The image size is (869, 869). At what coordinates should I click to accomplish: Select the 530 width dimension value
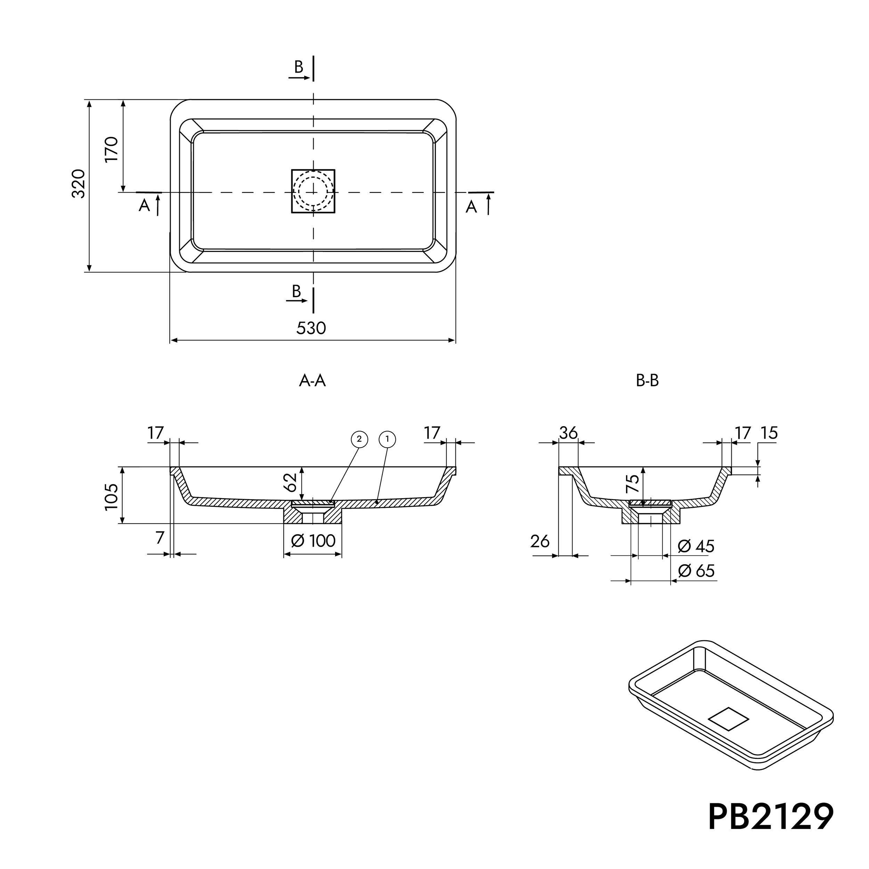(x=311, y=328)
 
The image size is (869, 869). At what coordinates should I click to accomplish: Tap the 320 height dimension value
(x=79, y=184)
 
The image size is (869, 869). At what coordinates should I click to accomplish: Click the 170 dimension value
(x=111, y=149)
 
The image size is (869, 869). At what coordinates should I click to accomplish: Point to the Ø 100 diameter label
(x=313, y=540)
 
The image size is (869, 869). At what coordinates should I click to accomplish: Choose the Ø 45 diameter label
(x=696, y=546)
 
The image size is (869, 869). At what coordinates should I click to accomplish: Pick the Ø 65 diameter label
(x=696, y=571)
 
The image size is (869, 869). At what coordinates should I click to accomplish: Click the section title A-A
(x=312, y=381)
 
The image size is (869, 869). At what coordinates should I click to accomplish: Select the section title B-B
(x=647, y=381)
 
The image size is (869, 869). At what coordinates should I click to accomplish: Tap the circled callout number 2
(x=359, y=439)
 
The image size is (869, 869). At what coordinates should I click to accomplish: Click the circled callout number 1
(x=388, y=439)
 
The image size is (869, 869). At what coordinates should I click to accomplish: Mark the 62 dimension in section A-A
(x=291, y=482)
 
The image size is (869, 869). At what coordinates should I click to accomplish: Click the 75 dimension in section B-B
(x=632, y=485)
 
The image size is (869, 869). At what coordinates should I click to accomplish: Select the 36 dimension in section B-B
(x=568, y=433)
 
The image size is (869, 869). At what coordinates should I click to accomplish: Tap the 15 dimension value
(x=769, y=433)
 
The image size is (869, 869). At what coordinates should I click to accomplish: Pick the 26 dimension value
(x=540, y=542)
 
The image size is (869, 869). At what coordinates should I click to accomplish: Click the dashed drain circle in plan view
(x=313, y=191)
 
